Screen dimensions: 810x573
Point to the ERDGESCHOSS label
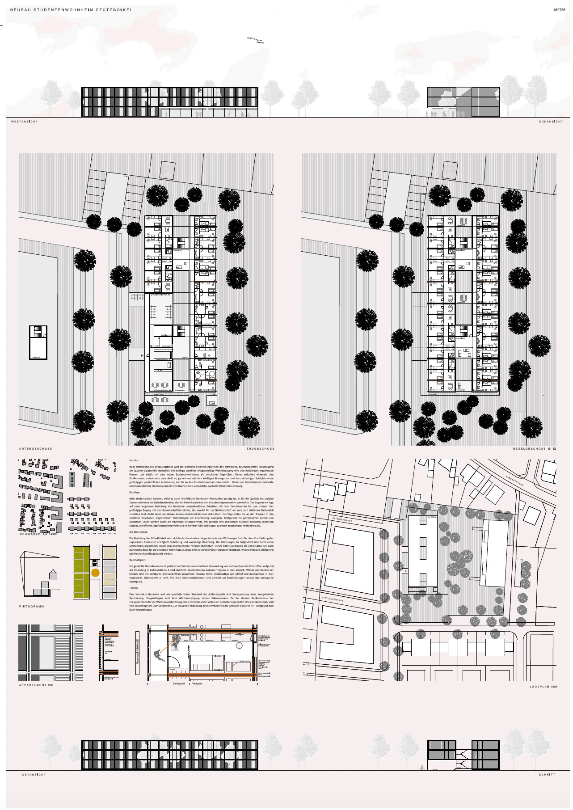click(260, 448)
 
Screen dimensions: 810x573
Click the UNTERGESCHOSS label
click(36, 448)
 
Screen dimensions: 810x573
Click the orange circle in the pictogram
click(95, 572)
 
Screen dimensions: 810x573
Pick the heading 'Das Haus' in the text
click(135, 492)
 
